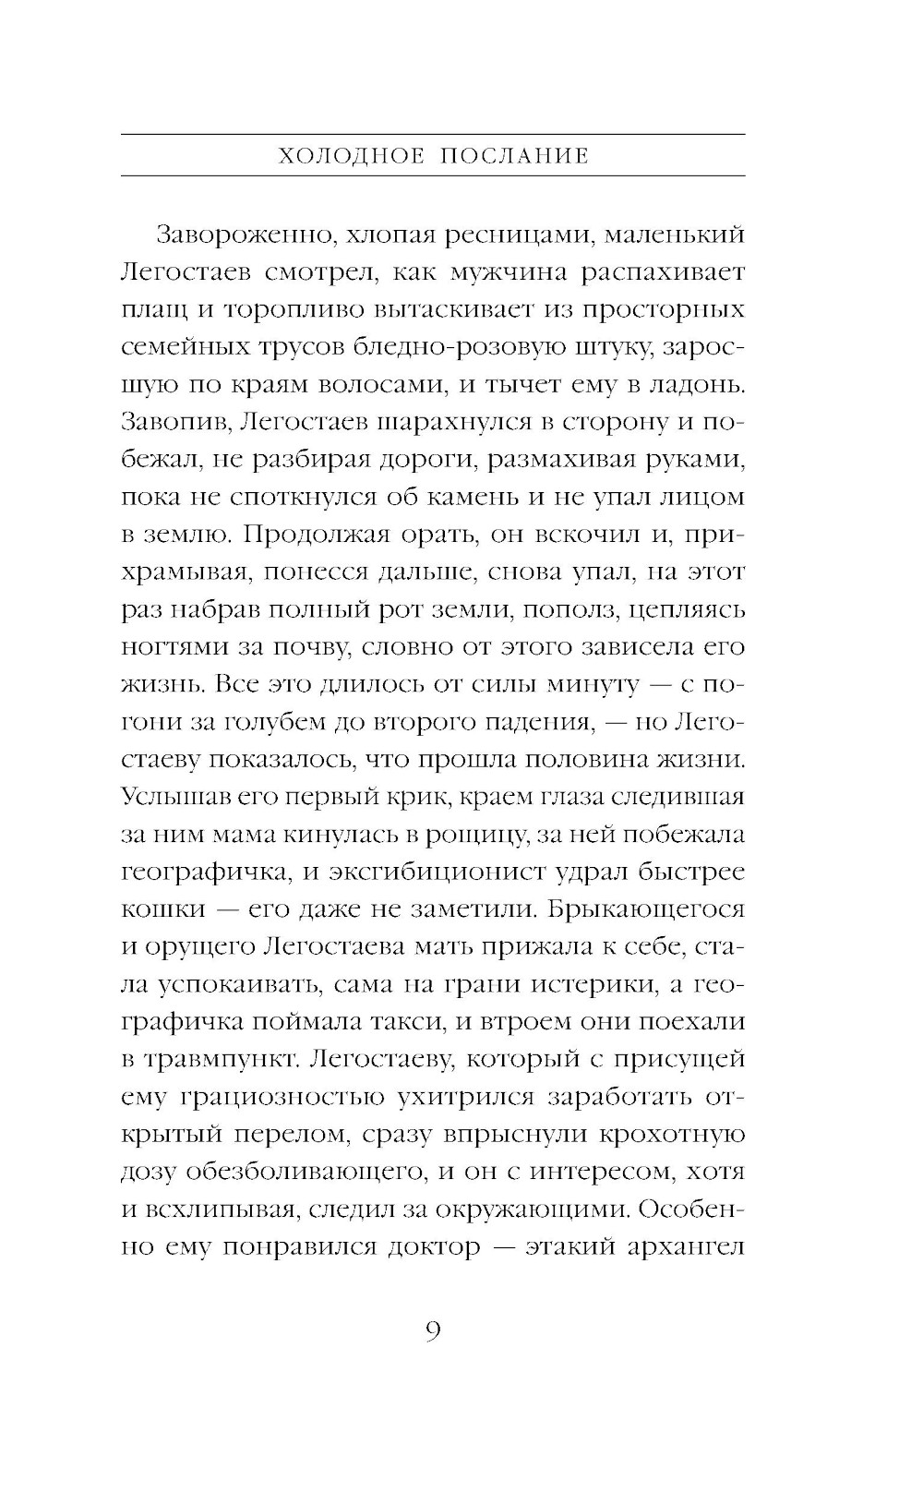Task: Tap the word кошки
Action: [x=162, y=909]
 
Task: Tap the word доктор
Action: [x=433, y=1247]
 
